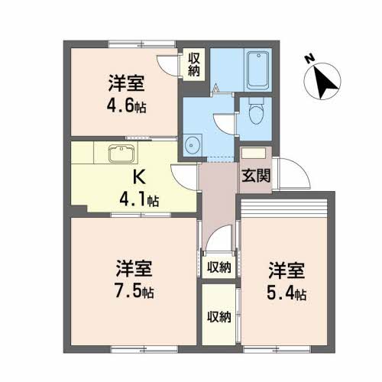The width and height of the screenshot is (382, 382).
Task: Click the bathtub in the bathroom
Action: click(x=258, y=70)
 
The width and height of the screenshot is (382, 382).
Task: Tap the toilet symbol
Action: click(x=256, y=111)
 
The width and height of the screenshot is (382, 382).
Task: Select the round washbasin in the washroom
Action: click(x=191, y=145)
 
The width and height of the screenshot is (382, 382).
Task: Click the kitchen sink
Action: click(x=121, y=154)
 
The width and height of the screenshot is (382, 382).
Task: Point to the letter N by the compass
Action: click(x=309, y=59)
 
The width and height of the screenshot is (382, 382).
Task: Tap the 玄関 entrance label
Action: click(x=256, y=176)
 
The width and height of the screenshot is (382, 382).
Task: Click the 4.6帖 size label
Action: click(x=126, y=106)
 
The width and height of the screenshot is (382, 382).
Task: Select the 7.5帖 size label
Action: click(x=134, y=292)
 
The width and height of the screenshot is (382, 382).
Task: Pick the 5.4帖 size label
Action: click(x=286, y=293)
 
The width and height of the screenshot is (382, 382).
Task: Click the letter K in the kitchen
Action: click(x=140, y=176)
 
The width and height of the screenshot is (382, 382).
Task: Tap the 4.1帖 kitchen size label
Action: click(x=139, y=199)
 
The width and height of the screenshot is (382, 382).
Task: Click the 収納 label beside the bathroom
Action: click(x=194, y=65)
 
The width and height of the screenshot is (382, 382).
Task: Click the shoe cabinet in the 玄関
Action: click(x=254, y=153)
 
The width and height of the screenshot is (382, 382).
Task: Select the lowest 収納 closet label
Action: click(x=219, y=317)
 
